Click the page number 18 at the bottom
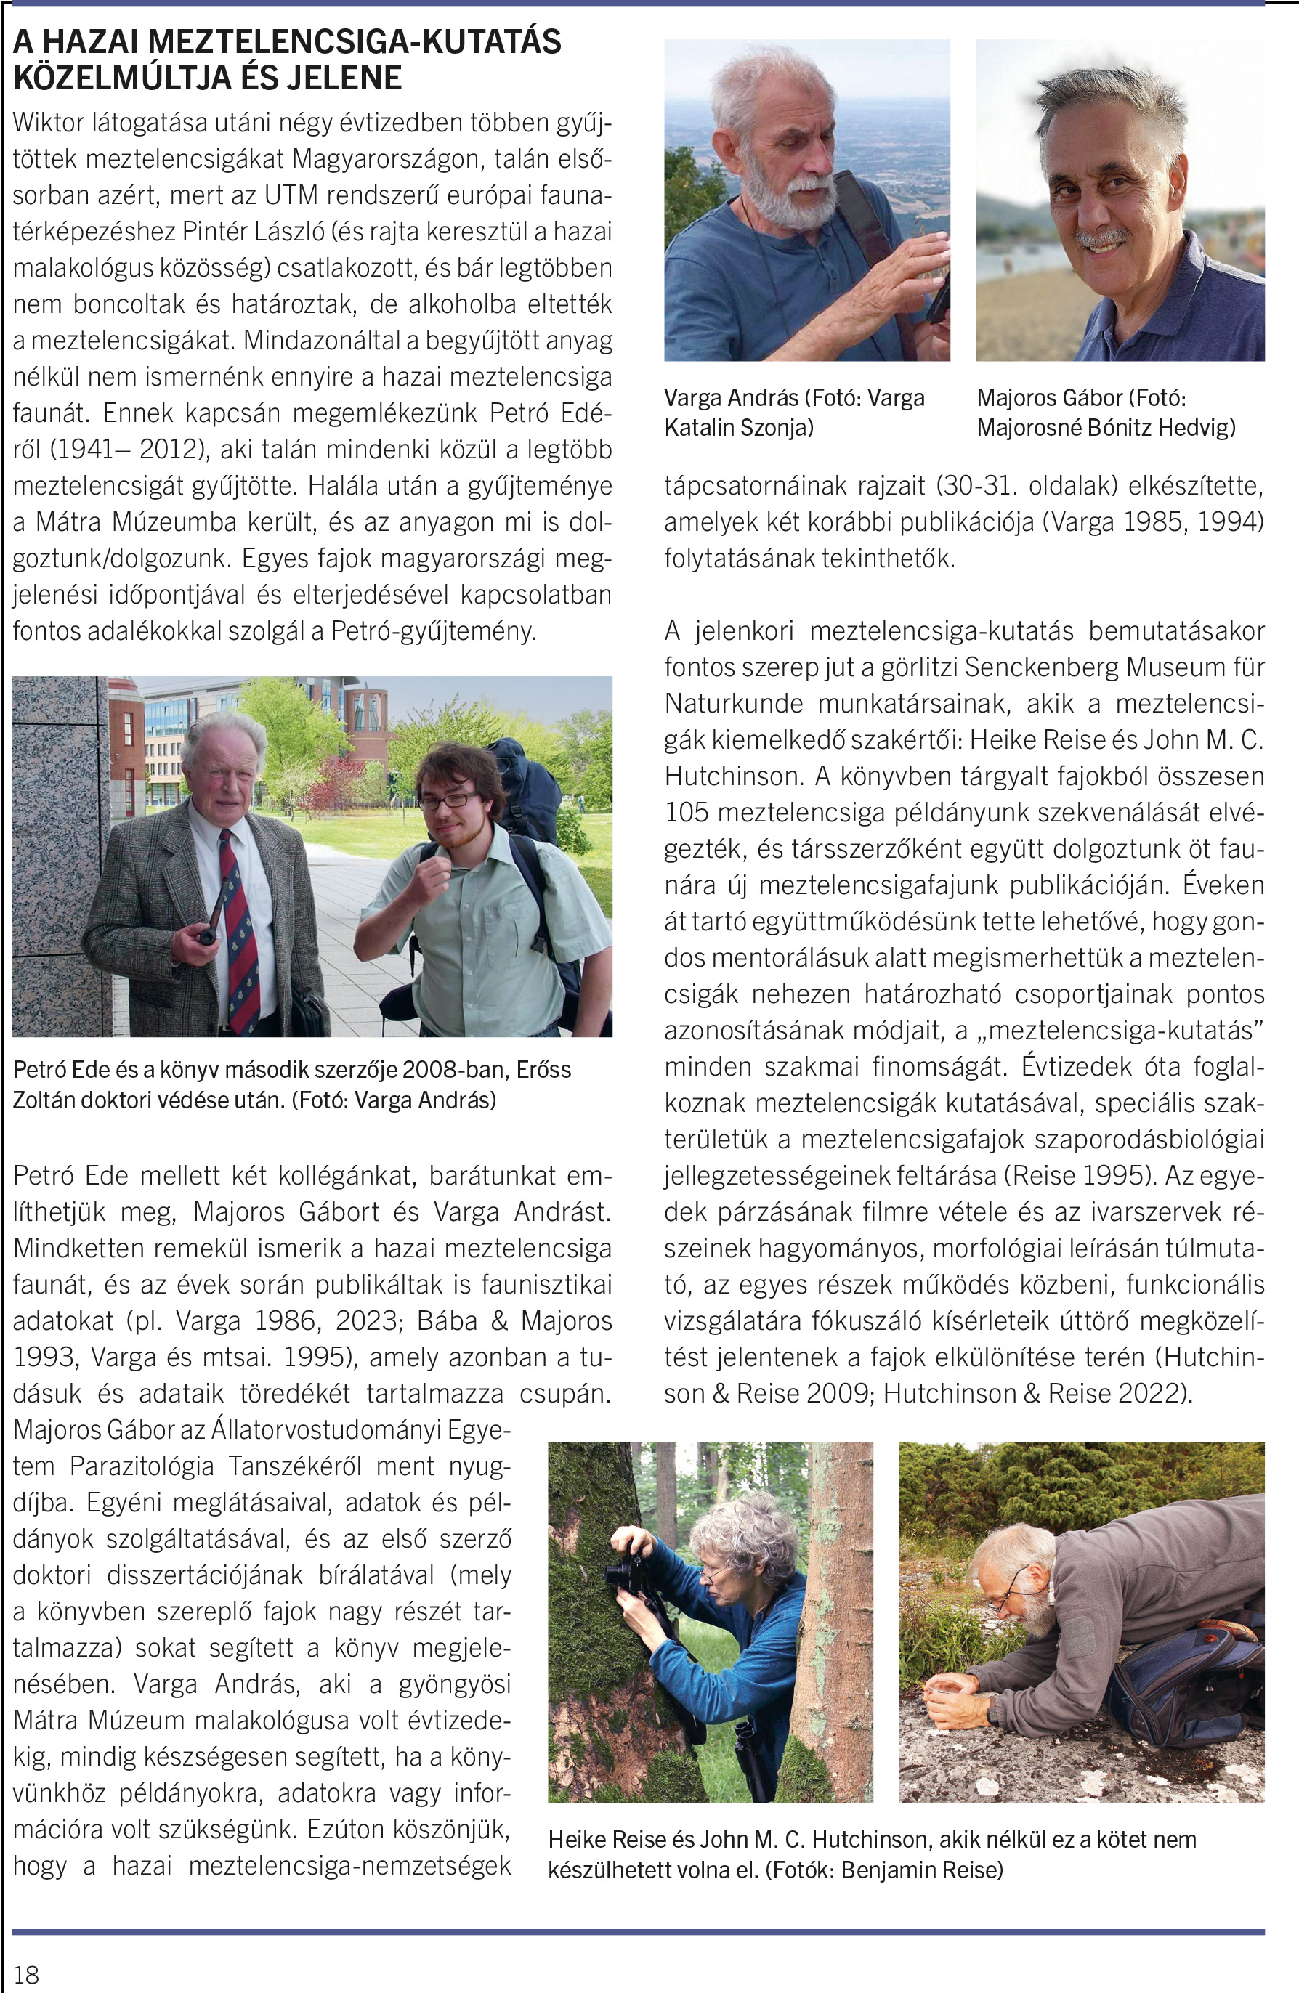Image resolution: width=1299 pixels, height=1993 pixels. click(26, 1975)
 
